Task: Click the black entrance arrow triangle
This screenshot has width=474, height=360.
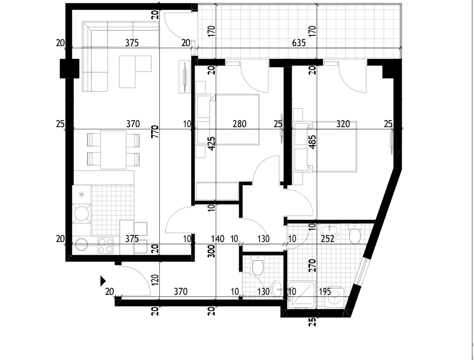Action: tap(103, 281)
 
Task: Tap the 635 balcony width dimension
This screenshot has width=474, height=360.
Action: tap(299, 43)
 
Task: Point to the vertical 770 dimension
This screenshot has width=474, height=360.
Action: tap(155, 132)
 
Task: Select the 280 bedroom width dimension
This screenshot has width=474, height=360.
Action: tap(239, 124)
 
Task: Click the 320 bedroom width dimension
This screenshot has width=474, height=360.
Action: tap(343, 124)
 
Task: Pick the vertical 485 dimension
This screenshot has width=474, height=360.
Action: tap(313, 142)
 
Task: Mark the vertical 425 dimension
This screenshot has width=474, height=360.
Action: tap(212, 144)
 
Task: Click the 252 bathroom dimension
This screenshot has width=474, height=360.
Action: tap(327, 239)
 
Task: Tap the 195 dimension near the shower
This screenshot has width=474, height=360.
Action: tap(325, 292)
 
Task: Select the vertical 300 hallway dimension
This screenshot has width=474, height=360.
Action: tap(212, 251)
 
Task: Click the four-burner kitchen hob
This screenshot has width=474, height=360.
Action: tap(106, 245)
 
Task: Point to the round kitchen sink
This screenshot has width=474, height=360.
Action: tap(81, 245)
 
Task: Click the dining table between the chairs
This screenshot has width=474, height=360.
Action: tap(113, 149)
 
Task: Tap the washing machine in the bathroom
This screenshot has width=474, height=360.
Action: tap(335, 297)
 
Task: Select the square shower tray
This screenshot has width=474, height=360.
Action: tap(302, 295)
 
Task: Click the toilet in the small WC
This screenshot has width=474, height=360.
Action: tap(258, 265)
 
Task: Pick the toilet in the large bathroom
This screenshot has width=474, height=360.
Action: tap(355, 233)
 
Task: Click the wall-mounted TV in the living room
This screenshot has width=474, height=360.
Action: tap(184, 77)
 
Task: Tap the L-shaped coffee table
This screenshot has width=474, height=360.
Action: tap(135, 72)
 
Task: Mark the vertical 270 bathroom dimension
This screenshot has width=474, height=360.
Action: tap(313, 265)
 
